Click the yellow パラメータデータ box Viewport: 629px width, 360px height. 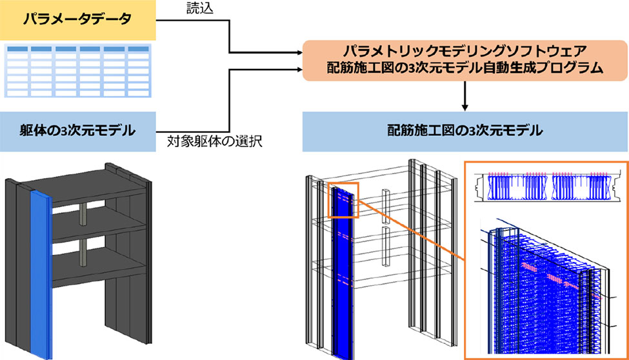click(x=77, y=20)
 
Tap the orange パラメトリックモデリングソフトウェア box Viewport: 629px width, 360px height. click(x=464, y=59)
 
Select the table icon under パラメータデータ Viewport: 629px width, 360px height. click(x=77, y=70)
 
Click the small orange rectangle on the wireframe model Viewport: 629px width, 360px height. click(x=343, y=201)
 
